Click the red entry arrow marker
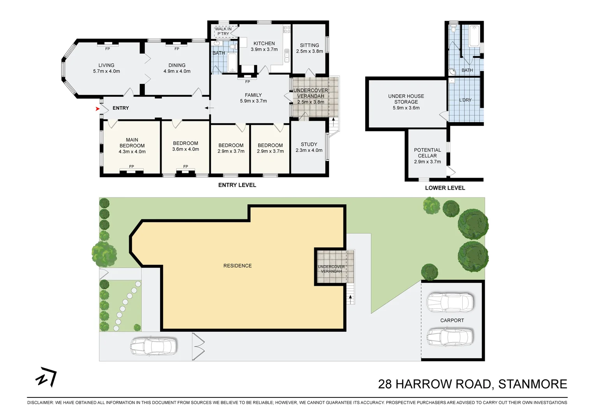[97, 109]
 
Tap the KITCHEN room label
[264, 44]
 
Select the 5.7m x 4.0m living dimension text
[106, 71]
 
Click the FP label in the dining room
[177, 49]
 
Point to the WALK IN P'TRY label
[223, 31]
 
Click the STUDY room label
[309, 144]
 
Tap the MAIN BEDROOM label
[132, 143]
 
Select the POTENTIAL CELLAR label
[427, 153]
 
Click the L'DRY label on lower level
[465, 100]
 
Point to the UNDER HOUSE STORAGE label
[406, 99]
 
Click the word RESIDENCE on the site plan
[238, 266]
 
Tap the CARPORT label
[452, 320]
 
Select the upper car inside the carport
[450, 303]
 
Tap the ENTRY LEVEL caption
[237, 185]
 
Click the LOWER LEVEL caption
[445, 188]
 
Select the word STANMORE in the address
[532, 384]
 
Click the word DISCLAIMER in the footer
[40, 402]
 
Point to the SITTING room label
[309, 45]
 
